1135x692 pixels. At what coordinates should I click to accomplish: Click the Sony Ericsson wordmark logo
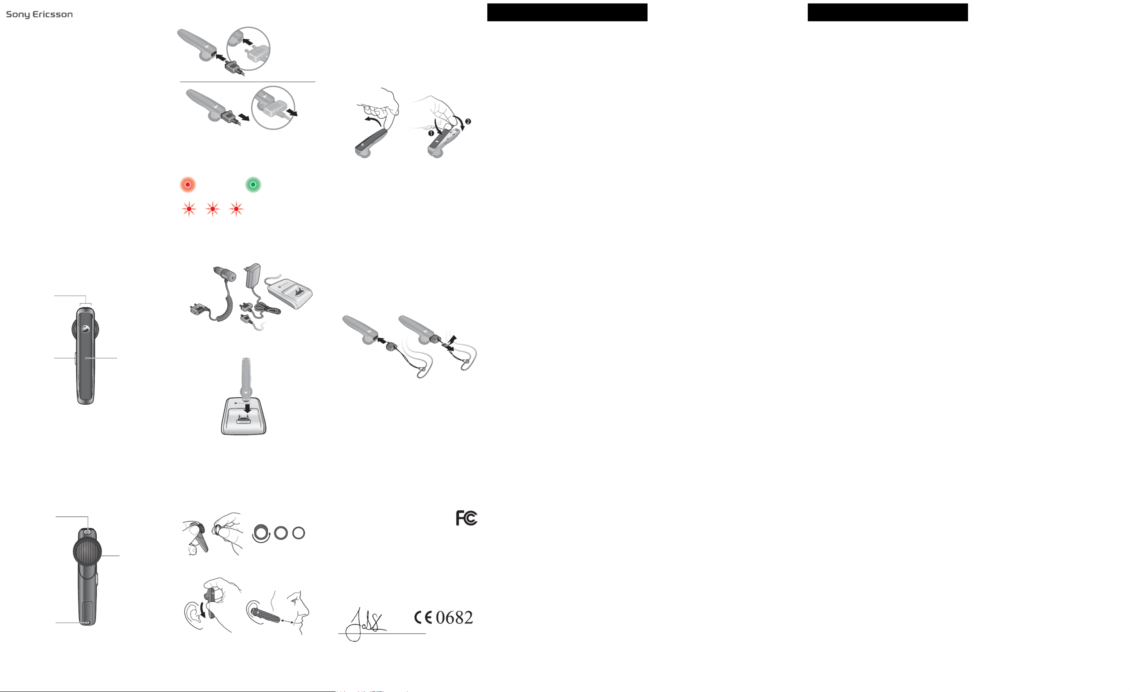39,14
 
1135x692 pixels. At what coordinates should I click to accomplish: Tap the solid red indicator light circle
188,184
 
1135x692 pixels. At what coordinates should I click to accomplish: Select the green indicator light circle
253,184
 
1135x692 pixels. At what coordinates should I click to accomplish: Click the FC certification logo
466,518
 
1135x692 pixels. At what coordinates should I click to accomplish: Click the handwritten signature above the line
366,623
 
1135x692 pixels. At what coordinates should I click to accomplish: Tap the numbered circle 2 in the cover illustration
468,122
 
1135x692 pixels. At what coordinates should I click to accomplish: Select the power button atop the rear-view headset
87,532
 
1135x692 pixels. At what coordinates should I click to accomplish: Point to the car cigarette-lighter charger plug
225,275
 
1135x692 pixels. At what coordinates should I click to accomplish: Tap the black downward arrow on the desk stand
247,408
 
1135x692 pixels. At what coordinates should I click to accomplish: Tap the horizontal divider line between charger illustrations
247,82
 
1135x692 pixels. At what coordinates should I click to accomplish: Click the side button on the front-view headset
75,358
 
